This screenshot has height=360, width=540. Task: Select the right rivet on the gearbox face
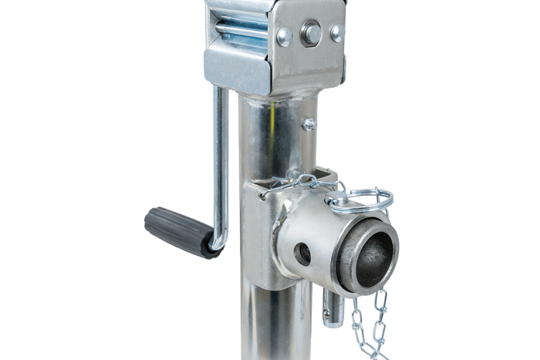(336, 32)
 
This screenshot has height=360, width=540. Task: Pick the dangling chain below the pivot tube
(368, 324)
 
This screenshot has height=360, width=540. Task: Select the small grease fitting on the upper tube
(309, 123)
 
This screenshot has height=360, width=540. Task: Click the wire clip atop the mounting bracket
(297, 186)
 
